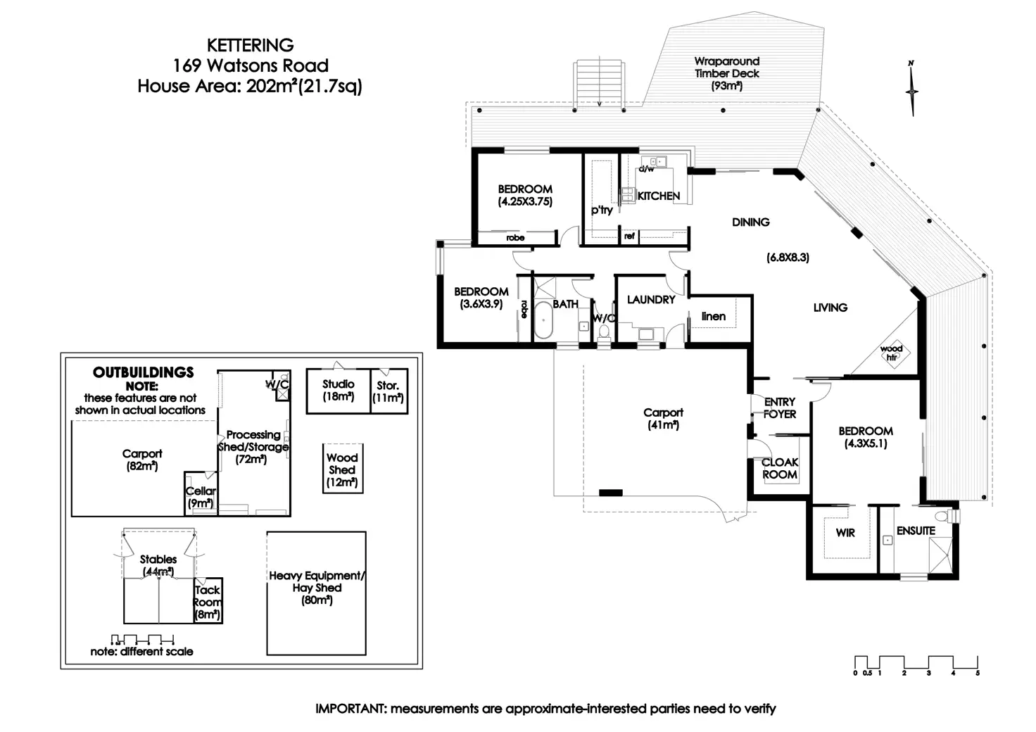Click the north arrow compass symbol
point(912,89)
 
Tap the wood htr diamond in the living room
point(892,353)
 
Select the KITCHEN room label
point(658,196)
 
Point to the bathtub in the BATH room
point(543,320)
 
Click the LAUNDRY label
point(650,300)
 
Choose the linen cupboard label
point(713,317)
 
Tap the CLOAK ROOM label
point(780,468)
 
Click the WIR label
point(845,533)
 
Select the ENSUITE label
point(916,531)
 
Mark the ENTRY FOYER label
point(780,408)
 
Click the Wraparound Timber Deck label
point(727,73)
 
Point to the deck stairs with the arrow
point(600,83)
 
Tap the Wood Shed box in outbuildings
point(343,469)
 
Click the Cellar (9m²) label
point(201,497)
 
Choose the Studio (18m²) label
point(339,390)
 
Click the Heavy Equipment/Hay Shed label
point(317,588)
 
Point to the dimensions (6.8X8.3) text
point(788,258)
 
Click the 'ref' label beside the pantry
point(629,236)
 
